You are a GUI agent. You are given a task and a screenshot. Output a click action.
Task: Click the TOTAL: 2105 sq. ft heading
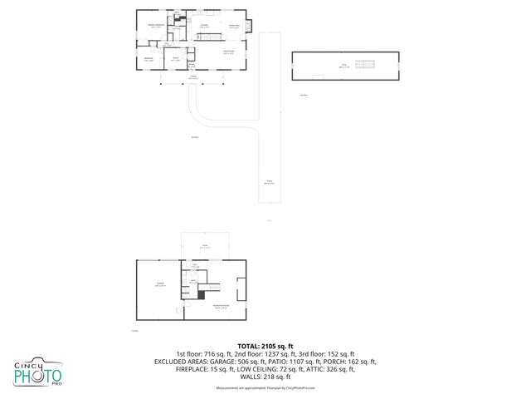coord(265,345)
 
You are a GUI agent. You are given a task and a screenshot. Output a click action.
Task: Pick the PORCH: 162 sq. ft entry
coord(352,362)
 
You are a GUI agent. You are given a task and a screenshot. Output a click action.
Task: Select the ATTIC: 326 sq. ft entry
coord(329,369)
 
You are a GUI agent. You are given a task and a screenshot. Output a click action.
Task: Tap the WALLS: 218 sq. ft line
coord(265,377)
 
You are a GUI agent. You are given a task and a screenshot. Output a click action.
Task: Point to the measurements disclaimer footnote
coord(265,387)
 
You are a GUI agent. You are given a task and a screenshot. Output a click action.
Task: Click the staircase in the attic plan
coord(366,64)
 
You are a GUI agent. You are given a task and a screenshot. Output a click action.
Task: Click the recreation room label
coord(220,307)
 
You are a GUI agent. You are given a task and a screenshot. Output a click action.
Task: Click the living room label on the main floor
coord(227,52)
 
